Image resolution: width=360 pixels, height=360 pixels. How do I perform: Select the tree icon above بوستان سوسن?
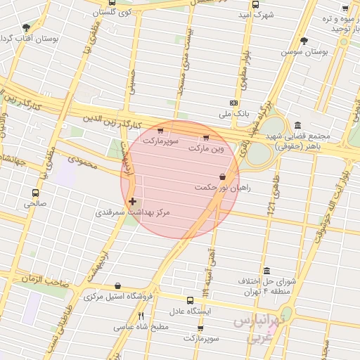point(304,41)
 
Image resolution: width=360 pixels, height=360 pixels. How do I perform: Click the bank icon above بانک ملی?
point(233,102)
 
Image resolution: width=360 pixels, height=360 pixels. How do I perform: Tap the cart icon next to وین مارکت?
point(205,138)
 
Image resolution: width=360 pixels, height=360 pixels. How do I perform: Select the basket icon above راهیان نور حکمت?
point(222,176)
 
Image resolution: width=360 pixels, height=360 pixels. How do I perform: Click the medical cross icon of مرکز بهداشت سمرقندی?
point(133,202)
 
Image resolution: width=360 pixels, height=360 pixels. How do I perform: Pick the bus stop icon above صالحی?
point(35,193)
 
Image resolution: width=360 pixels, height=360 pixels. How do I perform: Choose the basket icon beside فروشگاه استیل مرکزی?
point(117,286)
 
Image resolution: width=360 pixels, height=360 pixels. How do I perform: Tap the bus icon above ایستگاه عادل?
point(188,300)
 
